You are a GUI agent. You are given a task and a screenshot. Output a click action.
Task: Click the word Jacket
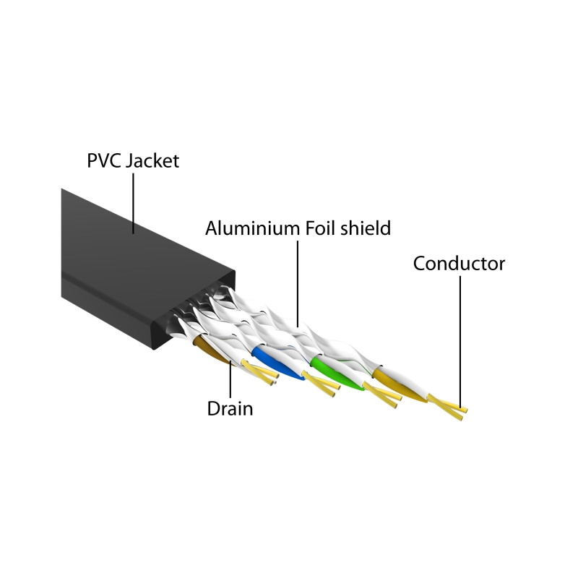(x=152, y=161)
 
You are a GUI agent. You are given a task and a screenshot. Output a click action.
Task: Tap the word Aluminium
(x=251, y=228)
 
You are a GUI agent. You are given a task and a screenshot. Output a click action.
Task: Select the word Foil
(x=319, y=228)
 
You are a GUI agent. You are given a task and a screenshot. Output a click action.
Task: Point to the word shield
(x=365, y=228)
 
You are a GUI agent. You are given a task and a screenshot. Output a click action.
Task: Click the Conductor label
(x=459, y=264)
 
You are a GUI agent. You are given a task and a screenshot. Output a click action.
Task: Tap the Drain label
(x=230, y=408)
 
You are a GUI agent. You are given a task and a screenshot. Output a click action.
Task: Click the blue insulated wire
(x=277, y=363)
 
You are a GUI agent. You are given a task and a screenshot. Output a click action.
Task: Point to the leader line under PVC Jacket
(x=133, y=204)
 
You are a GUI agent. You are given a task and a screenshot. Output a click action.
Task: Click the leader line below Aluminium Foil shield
(x=298, y=284)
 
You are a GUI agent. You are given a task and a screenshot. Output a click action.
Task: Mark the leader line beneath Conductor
(x=460, y=342)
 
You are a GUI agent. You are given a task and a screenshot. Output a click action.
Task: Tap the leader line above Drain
(x=230, y=379)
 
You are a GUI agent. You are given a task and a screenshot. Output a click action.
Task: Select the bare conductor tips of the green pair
(x=383, y=395)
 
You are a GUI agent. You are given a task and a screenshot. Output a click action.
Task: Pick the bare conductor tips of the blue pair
(x=322, y=384)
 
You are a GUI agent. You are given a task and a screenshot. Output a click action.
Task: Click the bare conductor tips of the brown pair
(x=260, y=372)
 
